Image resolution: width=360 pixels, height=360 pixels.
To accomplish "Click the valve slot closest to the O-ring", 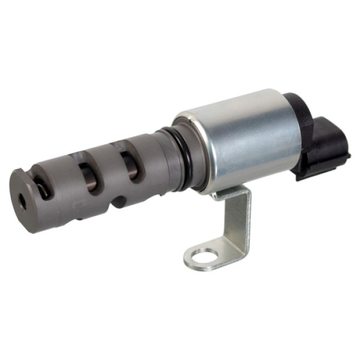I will (129, 164).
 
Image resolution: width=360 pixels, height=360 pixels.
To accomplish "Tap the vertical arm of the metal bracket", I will (238, 225).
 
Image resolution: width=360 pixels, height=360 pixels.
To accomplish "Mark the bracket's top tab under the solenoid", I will (231, 193).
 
